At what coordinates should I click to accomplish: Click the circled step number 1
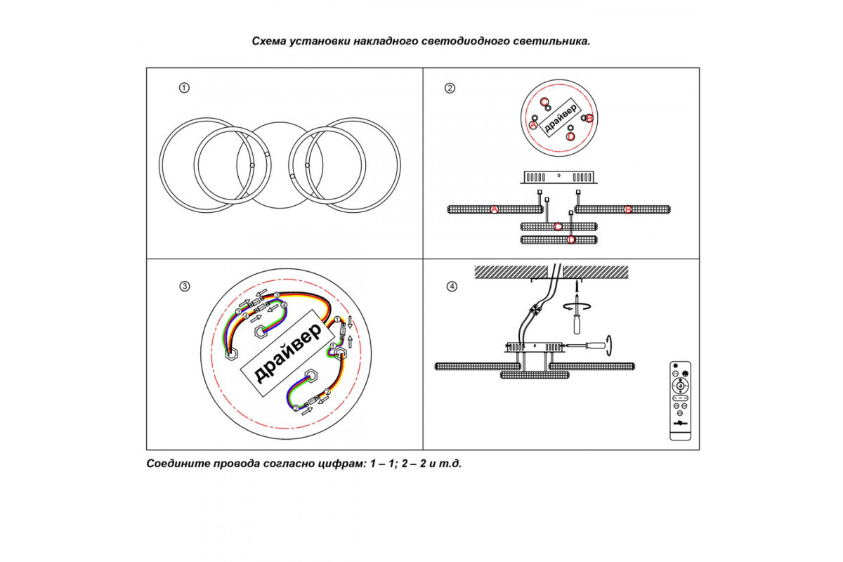coord(184,89)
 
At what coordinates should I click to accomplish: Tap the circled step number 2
coord(450,89)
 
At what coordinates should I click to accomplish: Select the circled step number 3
coord(184,286)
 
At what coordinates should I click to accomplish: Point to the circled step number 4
coord(452,286)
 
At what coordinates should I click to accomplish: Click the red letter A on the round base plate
coord(532,124)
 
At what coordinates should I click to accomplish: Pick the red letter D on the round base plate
coord(570,136)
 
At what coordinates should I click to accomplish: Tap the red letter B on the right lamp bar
coord(628,209)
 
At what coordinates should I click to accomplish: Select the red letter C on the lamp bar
coord(558,226)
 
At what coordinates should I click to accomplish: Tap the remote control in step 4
coord(680,400)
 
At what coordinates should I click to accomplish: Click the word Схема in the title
coord(270,41)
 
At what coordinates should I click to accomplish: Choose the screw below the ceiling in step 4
coord(575,286)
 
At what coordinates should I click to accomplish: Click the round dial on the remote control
coord(680,386)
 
